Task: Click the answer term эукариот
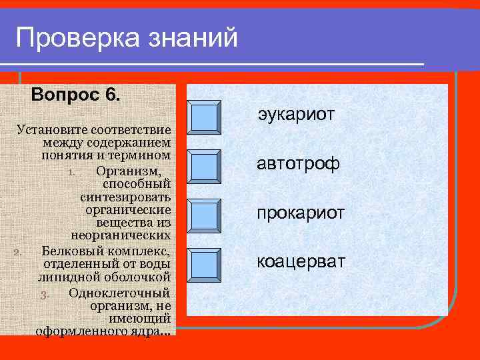point(296,115)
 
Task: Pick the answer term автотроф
point(299,164)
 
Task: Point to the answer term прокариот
point(301,213)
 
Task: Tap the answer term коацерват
point(301,261)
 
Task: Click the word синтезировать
point(125,197)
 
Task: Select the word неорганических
point(121,237)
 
